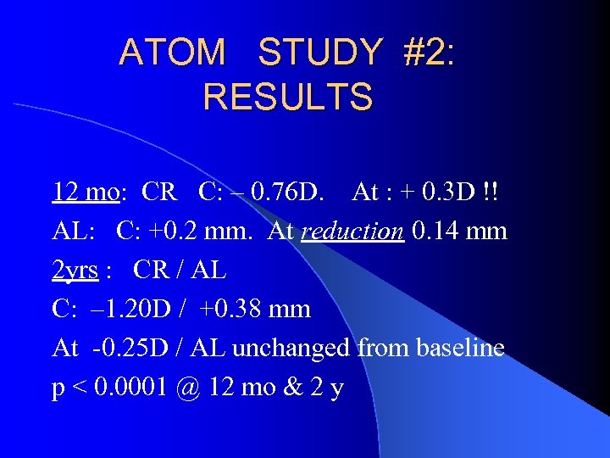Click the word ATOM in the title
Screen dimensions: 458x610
click(172, 53)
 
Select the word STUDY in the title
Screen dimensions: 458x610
click(319, 53)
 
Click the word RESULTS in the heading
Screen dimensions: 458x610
click(287, 97)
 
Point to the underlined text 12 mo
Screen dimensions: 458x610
click(85, 192)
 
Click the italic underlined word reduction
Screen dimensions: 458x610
click(352, 231)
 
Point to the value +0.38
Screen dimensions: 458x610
click(230, 310)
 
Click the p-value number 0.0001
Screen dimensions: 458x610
click(130, 388)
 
